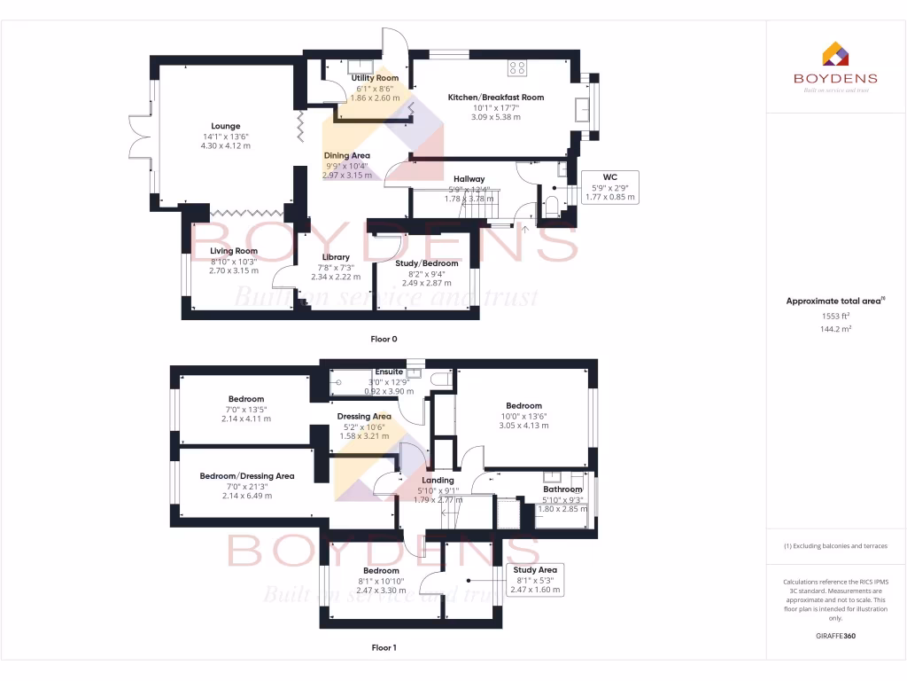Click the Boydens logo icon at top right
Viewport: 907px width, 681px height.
coord(835,55)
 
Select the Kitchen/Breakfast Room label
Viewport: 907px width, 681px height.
coord(495,98)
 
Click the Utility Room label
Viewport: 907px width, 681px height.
coord(375,78)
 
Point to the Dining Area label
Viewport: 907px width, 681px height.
coord(346,155)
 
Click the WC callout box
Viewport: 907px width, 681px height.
coord(609,187)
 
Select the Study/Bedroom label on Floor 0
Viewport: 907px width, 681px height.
coord(427,263)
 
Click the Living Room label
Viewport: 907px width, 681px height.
coord(234,251)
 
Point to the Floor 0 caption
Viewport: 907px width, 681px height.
coord(384,340)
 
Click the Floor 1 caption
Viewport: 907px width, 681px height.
coord(384,648)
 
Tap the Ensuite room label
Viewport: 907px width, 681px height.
coord(390,372)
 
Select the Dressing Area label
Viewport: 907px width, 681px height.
coord(364,417)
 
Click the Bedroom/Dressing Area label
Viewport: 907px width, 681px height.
coord(246,476)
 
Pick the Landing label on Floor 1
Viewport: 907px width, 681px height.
coord(438,481)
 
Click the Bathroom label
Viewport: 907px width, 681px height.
coord(562,489)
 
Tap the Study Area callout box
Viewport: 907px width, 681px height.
coord(535,580)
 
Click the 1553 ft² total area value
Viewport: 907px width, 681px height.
coord(835,317)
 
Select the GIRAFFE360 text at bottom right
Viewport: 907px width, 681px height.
coord(835,636)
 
